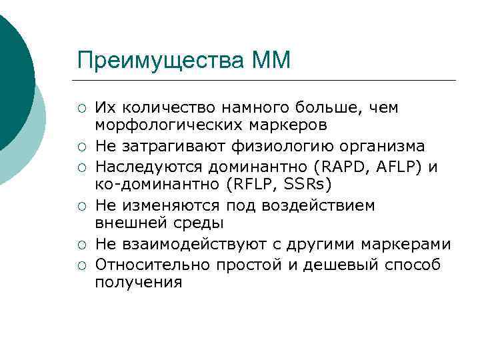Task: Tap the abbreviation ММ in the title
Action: [x=271, y=60]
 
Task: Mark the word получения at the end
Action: [x=138, y=283]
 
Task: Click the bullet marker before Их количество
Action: [x=80, y=108]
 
